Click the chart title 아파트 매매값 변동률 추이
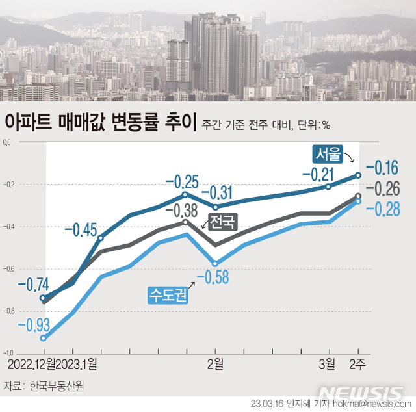click(100, 122)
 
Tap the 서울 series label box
click(328, 154)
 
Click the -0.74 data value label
click(32, 285)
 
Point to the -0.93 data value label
click(32, 324)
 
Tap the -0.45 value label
click(81, 229)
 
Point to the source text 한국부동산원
click(57, 385)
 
